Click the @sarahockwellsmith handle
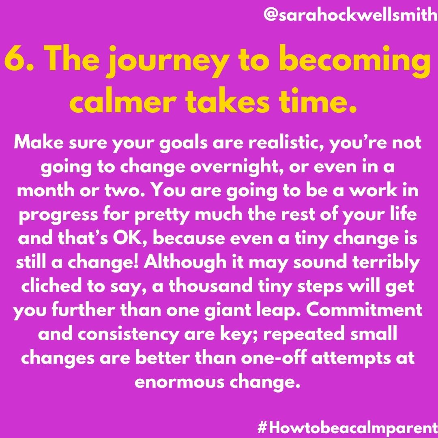pyautogui.click(x=350, y=15)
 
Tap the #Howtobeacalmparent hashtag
pyautogui.click(x=348, y=427)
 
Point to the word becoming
pyautogui.click(x=355, y=62)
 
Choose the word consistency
pyautogui.click(x=128, y=335)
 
